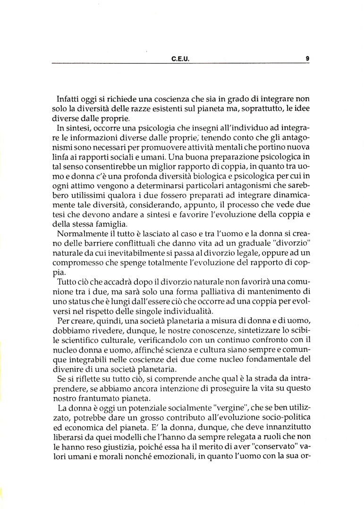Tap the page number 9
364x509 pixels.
tap(307, 59)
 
